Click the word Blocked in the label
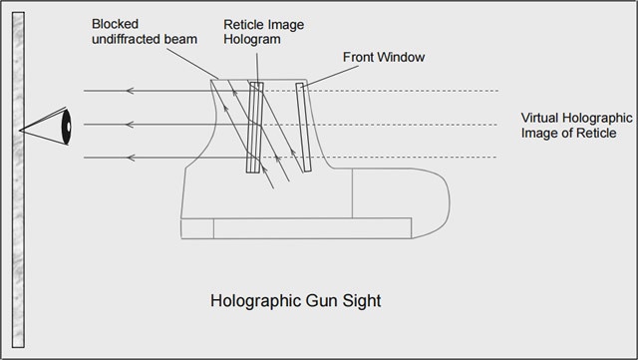click(x=115, y=24)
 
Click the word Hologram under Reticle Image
click(x=252, y=40)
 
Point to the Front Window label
click(x=384, y=57)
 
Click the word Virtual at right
click(x=539, y=118)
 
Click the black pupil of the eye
click(x=67, y=127)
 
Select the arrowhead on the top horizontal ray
click(x=130, y=91)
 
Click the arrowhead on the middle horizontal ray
click(x=130, y=125)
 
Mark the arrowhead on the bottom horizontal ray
click(x=130, y=158)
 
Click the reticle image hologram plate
click(x=255, y=128)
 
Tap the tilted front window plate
click(x=303, y=127)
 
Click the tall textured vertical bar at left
click(x=18, y=180)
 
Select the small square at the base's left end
click(x=197, y=228)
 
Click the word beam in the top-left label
click(x=182, y=39)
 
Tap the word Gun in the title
click(x=321, y=301)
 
